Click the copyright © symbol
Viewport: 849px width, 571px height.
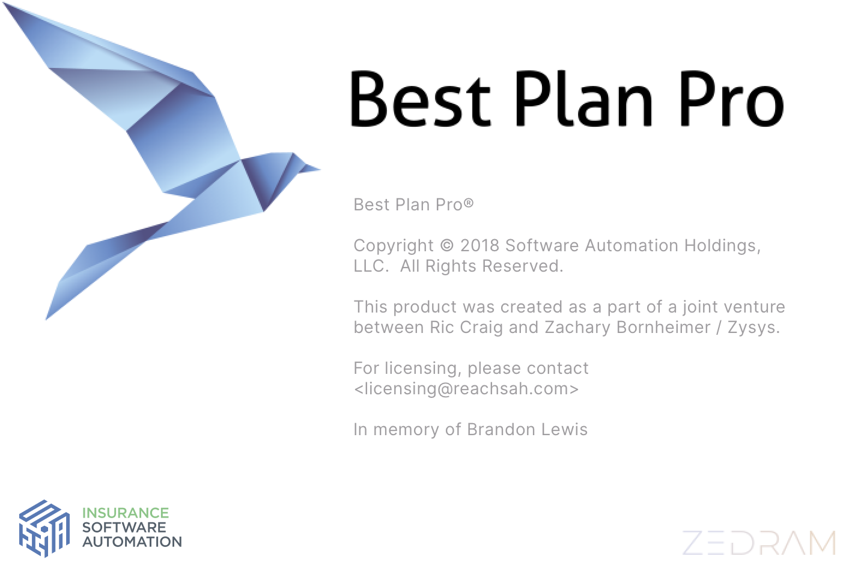[x=447, y=245]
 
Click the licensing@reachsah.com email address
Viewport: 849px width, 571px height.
[x=466, y=389]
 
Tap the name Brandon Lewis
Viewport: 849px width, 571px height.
[x=527, y=430]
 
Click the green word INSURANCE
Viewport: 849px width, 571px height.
[x=126, y=513]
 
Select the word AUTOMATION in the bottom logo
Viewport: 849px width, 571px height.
[x=132, y=542]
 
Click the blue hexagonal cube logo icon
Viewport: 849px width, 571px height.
[x=44, y=528]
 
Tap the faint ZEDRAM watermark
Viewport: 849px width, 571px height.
[x=759, y=543]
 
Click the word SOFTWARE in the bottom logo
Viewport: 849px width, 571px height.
[x=124, y=527]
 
